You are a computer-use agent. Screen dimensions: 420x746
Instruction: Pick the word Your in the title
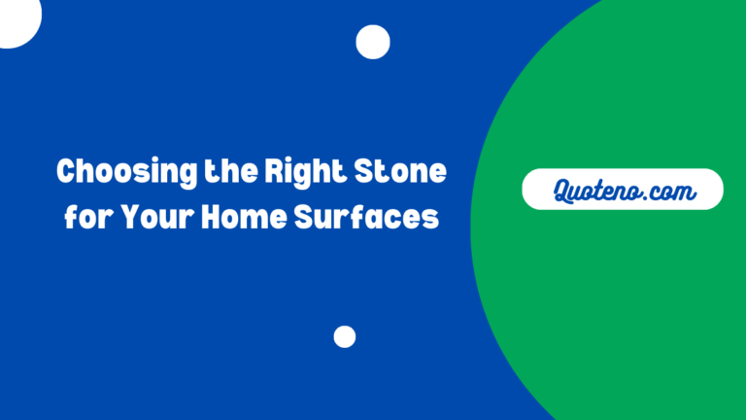point(154,218)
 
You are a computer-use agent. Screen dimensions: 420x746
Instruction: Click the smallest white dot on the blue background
point(344,336)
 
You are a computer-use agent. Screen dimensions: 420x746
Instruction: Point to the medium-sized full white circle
point(373,42)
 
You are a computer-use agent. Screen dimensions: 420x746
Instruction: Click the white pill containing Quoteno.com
point(623,190)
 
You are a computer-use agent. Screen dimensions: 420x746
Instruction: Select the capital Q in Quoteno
point(565,191)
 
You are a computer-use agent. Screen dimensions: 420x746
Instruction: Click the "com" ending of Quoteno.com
point(675,192)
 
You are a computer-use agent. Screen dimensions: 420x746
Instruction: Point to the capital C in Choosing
point(66,173)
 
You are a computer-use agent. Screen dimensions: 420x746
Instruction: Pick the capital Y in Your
point(128,218)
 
